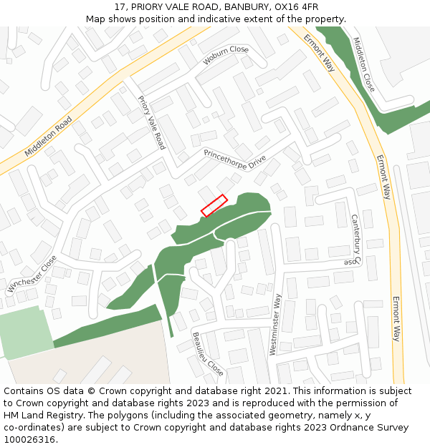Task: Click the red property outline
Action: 214,205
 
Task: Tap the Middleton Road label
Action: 49,137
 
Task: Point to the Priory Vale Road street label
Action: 151,122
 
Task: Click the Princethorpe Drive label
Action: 234,159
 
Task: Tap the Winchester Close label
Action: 32,275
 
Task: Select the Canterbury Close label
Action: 354,240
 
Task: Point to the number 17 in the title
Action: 120,7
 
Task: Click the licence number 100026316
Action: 30,440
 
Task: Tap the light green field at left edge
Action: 25,332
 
